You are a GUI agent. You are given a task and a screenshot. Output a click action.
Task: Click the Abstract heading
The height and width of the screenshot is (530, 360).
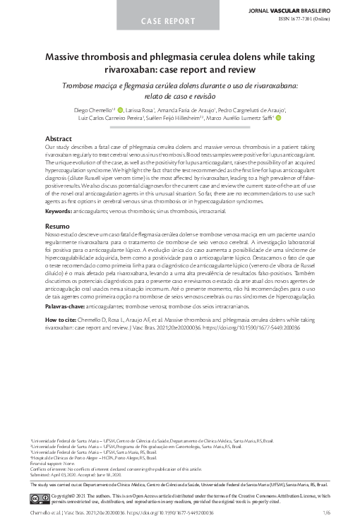click(x=58, y=138)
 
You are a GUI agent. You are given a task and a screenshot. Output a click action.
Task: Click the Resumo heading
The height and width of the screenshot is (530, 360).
click(x=57, y=205)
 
